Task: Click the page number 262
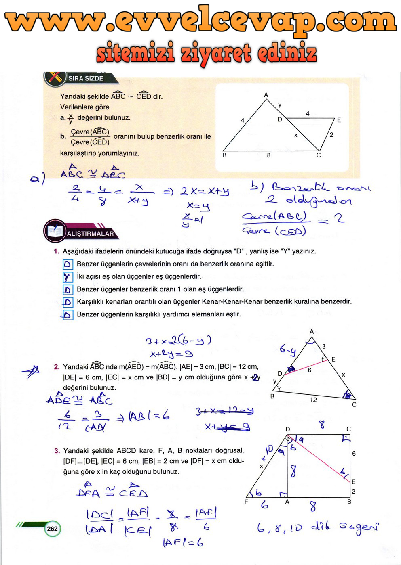[52, 529]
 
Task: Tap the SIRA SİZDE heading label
[86, 78]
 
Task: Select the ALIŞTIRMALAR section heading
[91, 234]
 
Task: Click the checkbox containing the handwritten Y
[68, 277]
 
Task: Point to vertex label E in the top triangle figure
[339, 120]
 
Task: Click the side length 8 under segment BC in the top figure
[269, 155]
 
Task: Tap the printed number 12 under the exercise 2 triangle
[313, 400]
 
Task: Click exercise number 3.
[57, 451]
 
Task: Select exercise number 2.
[57, 367]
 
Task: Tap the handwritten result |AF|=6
[183, 542]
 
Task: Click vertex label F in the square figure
[246, 502]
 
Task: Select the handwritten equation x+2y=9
[171, 354]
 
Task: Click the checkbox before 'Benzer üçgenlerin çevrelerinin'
[68, 264]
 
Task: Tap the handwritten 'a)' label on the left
[38, 178]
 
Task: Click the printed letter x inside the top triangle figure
[295, 136]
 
